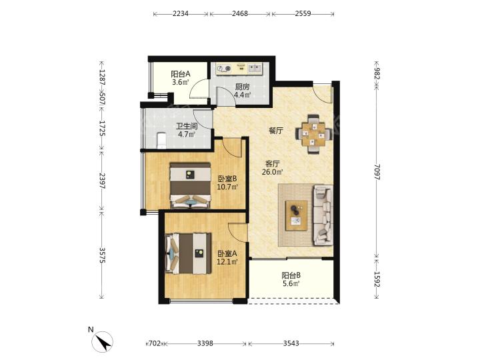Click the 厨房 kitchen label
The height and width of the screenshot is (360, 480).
243,87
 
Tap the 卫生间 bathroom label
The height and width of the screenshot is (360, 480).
187,126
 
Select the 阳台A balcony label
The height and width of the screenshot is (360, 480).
180,74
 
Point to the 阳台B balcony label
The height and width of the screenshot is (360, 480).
291,275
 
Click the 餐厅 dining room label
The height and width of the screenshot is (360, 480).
276,131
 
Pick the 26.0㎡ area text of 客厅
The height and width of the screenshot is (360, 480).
272,172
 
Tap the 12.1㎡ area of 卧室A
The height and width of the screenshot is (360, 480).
227,262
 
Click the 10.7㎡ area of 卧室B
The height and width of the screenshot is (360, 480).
227,187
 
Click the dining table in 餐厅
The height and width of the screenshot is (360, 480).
314,134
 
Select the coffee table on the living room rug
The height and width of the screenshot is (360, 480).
296,215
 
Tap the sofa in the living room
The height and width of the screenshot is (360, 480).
323,215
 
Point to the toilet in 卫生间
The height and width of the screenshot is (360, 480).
161,140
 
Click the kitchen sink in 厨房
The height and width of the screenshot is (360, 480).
255,69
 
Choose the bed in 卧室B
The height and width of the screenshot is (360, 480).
191,185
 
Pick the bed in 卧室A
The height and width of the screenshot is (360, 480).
188,253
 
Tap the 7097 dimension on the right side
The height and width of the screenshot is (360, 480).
377,172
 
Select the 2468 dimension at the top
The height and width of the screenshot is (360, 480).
240,13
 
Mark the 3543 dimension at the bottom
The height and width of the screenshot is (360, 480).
291,343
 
